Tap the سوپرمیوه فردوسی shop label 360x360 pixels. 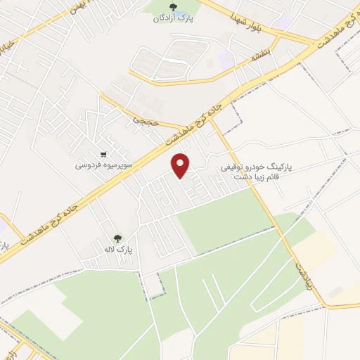click(104, 167)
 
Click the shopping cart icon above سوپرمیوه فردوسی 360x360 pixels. click(104, 155)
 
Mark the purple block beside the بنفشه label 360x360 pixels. click(226, 59)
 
